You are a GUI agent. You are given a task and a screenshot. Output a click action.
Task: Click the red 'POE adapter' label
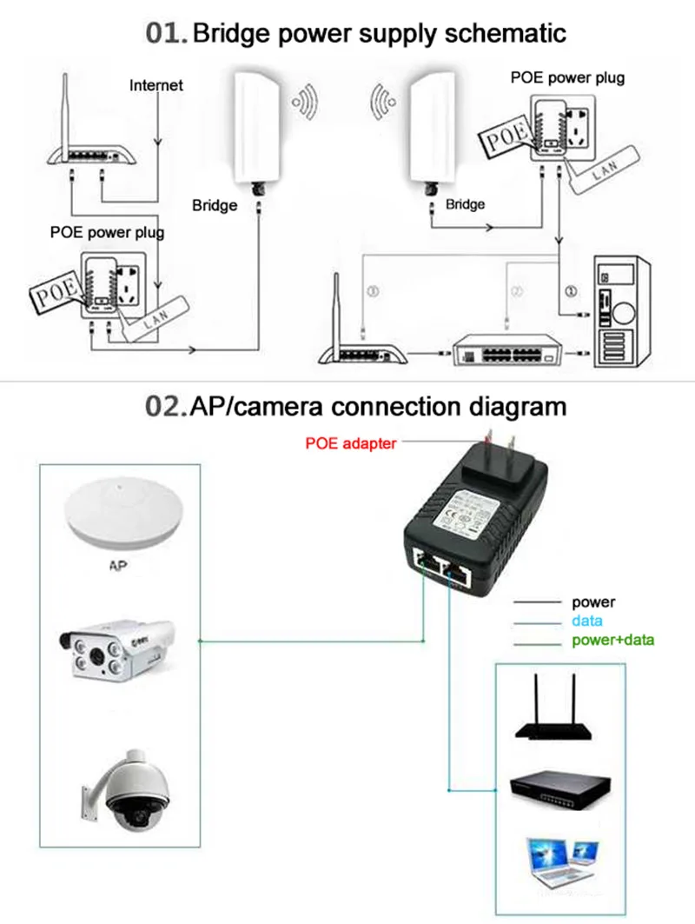pos(350,443)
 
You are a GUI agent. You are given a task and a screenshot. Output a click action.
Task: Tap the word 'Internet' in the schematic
pos(156,85)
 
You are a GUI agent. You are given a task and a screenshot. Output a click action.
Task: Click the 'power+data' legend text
pos(612,641)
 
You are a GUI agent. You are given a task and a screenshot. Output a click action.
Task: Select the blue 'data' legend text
pos(587,622)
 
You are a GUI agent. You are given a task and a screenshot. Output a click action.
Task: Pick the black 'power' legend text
pos(592,602)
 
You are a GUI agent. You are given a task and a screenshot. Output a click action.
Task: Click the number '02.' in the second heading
pos(166,406)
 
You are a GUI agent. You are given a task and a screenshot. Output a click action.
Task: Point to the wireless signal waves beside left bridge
pos(305,102)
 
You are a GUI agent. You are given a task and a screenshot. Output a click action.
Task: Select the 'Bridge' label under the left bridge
pos(215,205)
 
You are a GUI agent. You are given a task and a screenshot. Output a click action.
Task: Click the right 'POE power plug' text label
pos(566,77)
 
